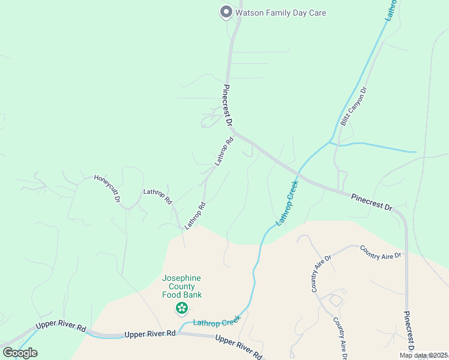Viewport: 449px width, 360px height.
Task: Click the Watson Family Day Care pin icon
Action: click(226, 11)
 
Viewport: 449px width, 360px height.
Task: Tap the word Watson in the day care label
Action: click(252, 12)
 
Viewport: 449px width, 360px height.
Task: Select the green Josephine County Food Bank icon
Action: click(181, 308)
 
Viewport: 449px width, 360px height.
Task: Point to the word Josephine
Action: click(181, 278)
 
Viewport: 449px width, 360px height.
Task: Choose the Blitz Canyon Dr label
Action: click(354, 106)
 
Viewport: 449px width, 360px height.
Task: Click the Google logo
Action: click(20, 353)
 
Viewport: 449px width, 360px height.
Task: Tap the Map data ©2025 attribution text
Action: click(423, 355)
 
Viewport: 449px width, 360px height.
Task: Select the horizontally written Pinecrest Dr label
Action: click(372, 202)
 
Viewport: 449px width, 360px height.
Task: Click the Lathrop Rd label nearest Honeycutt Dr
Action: click(157, 196)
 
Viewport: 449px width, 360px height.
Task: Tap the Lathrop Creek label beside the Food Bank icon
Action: click(216, 322)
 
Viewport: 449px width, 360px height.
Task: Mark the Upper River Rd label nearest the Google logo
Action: click(61, 326)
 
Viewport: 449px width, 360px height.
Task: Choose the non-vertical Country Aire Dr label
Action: click(380, 252)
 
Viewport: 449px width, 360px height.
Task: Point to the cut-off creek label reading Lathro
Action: click(392, 10)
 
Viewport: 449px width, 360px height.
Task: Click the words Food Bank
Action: click(181, 295)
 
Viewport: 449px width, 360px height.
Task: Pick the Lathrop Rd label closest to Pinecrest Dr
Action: click(223, 152)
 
